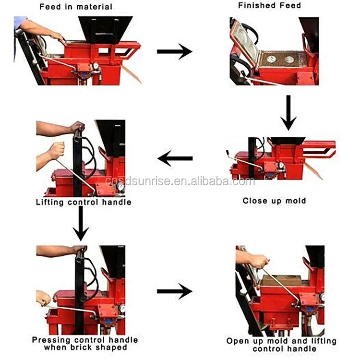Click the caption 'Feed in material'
[76, 7]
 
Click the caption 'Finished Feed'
[269, 5]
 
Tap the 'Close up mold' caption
[274, 201]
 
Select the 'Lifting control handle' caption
[84, 202]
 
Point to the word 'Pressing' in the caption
[52, 340]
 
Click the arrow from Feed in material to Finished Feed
[175, 51]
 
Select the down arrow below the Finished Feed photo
[288, 113]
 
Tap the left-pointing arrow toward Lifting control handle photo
[175, 158]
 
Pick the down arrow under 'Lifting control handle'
[81, 223]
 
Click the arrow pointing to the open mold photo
[175, 291]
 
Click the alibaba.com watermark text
[180, 181]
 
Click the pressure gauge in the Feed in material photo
[95, 66]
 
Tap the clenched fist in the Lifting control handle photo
[56, 150]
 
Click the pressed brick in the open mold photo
[281, 281]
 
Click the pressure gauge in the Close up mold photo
[281, 166]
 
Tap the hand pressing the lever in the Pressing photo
[43, 299]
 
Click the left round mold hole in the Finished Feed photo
[271, 59]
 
